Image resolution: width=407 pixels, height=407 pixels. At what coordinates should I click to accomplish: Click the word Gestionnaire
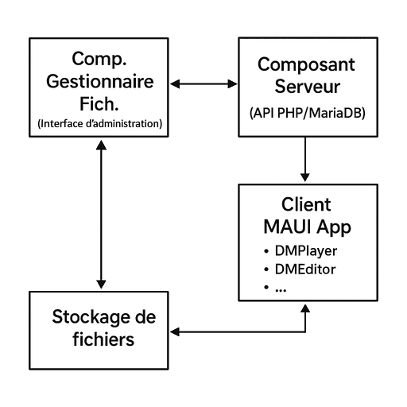100,82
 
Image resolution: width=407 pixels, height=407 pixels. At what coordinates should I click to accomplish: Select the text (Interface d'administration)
100,124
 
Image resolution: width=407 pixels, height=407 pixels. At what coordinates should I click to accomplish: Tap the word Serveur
308,87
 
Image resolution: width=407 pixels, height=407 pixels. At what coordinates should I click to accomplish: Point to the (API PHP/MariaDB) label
308,113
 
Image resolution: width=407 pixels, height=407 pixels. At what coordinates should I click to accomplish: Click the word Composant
306,65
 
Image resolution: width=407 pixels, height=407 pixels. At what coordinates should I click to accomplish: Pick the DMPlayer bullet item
300,251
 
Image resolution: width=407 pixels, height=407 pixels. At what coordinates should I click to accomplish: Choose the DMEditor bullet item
300,269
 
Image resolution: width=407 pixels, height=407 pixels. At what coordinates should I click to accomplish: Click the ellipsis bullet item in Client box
275,288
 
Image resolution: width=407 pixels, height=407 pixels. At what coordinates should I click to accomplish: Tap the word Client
306,204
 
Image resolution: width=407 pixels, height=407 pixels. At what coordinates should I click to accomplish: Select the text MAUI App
308,227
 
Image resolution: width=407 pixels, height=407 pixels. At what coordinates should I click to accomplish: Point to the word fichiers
103,339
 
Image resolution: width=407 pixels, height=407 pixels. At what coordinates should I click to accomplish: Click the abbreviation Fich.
99,104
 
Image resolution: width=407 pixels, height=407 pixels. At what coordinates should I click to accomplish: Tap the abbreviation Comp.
99,60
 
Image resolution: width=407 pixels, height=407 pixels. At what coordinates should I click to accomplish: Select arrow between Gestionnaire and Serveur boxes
203,84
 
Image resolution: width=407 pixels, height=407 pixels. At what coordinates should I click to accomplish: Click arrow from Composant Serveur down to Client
305,159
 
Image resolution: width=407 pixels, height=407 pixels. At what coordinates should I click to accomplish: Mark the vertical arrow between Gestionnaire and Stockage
101,214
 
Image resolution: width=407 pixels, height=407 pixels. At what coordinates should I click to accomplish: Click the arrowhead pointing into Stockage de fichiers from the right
175,331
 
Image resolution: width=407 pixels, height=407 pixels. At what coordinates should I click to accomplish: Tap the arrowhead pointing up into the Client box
305,308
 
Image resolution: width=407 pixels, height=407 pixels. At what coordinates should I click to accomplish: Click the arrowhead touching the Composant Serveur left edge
233,84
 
